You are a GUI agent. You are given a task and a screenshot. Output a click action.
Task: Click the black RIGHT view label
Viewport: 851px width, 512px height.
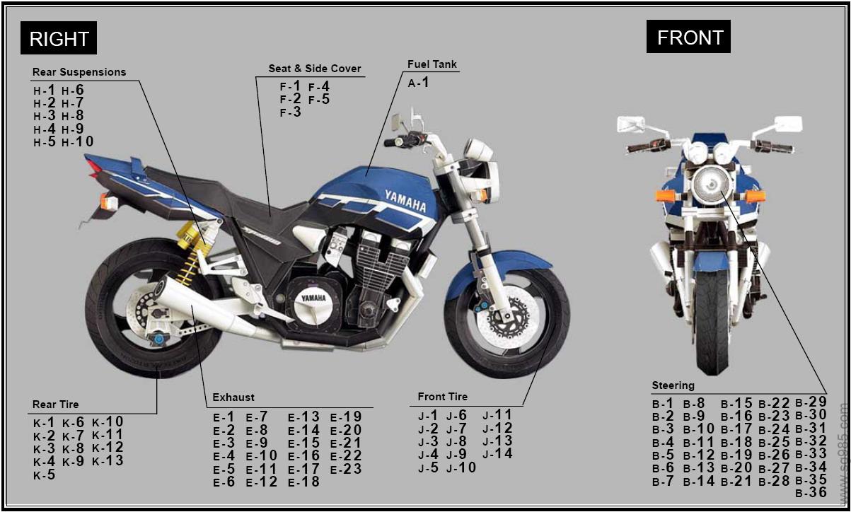(x=59, y=38)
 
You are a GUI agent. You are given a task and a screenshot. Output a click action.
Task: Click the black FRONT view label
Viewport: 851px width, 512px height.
(x=689, y=37)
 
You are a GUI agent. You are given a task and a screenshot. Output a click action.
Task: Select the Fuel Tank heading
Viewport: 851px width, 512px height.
(x=432, y=64)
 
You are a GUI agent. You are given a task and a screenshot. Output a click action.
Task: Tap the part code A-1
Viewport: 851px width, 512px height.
(x=418, y=83)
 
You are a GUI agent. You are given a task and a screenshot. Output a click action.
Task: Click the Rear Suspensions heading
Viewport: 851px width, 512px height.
(x=79, y=72)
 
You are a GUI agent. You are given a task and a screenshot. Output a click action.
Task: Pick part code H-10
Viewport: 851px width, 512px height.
(x=78, y=142)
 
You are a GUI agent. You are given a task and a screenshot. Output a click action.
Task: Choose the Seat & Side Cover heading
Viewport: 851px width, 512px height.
(x=315, y=69)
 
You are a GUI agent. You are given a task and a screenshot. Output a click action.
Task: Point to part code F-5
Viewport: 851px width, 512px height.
(x=319, y=100)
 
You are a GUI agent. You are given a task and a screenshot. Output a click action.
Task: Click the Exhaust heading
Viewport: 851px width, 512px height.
(x=233, y=397)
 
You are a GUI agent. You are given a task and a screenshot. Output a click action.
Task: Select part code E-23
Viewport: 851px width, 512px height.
(x=346, y=469)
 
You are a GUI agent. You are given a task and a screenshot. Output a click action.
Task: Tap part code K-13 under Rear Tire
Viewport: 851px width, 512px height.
(x=108, y=461)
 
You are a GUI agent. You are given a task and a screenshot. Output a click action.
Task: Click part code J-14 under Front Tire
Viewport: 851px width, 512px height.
(x=497, y=454)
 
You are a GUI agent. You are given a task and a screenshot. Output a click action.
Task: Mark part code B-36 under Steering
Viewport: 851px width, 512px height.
(x=811, y=493)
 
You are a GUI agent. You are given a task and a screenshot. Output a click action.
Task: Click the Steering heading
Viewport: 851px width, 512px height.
(x=673, y=386)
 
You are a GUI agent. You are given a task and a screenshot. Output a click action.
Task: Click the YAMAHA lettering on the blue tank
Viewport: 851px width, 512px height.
(x=405, y=200)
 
